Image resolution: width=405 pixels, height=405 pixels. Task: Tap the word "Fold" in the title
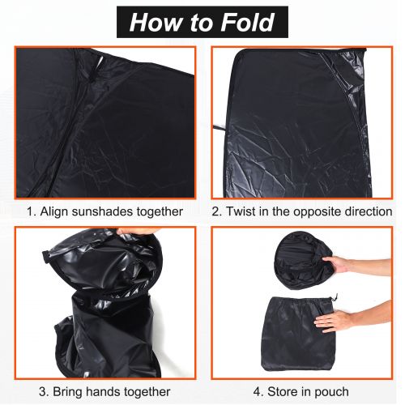point(248,22)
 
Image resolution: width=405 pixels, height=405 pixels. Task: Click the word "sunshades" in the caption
point(102,211)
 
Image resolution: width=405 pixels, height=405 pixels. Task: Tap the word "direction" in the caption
point(369,211)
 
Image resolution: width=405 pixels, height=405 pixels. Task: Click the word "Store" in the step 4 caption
point(282,391)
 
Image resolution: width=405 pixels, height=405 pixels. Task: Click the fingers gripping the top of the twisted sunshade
point(135,232)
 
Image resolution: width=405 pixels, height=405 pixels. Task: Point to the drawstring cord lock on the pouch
point(335,297)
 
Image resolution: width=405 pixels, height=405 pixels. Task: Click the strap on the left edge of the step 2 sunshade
point(220,128)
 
